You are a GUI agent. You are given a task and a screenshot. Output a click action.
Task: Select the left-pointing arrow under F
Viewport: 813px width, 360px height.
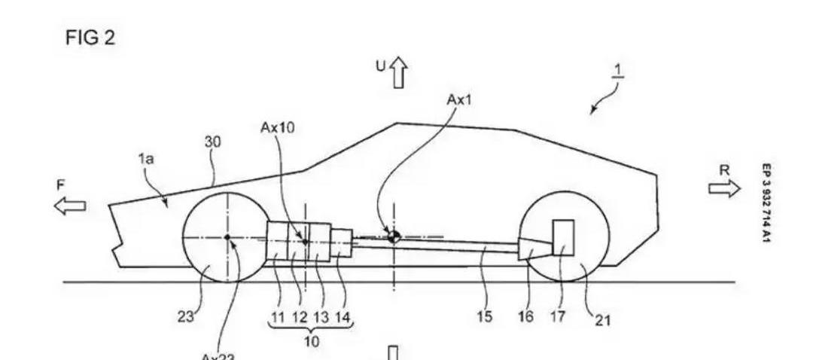tap(70, 205)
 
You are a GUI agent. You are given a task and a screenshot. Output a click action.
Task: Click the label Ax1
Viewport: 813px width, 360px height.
tap(459, 100)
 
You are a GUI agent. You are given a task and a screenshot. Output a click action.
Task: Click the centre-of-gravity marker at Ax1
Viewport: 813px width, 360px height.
tap(394, 236)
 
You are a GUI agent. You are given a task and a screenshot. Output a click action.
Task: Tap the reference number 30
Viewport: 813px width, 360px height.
tap(214, 142)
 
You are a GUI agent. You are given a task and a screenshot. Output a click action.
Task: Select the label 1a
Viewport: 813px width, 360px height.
tap(146, 160)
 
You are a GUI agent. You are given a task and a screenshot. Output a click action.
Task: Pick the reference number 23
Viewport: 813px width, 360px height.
tap(185, 317)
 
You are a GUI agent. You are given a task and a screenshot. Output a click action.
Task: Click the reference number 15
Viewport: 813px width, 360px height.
tap(485, 317)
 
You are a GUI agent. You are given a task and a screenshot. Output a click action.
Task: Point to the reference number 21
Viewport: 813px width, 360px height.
tap(603, 321)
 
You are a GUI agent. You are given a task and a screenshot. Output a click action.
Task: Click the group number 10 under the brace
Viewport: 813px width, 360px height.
tap(312, 341)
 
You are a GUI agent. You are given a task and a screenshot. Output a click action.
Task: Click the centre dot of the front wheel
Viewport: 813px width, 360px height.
tap(227, 237)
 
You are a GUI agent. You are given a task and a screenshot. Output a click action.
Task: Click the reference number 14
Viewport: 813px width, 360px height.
tap(343, 317)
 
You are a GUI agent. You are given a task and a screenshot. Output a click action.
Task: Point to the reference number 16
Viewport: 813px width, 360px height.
tap(526, 317)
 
